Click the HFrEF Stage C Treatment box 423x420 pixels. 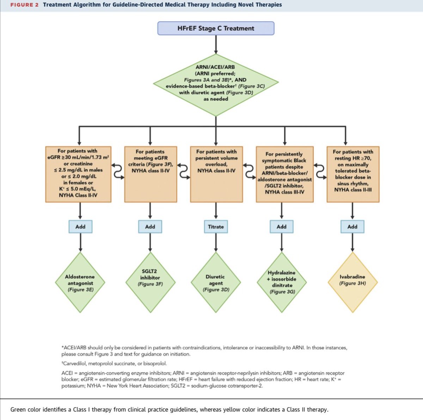216,28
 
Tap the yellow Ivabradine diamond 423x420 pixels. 352,282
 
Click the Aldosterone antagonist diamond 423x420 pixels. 80,282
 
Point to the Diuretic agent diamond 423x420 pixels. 216,282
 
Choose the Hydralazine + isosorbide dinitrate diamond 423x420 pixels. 282,282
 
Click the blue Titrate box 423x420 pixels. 216,227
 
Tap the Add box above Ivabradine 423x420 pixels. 352,227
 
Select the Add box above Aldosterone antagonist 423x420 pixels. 80,227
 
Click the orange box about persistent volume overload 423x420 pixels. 216,174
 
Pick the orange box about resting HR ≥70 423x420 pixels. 353,174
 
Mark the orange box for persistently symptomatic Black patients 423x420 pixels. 284,174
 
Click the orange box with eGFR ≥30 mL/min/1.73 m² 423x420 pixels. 78,174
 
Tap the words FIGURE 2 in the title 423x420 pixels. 24,5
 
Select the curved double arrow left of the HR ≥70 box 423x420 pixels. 320,171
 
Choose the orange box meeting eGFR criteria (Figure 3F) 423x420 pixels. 151,174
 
